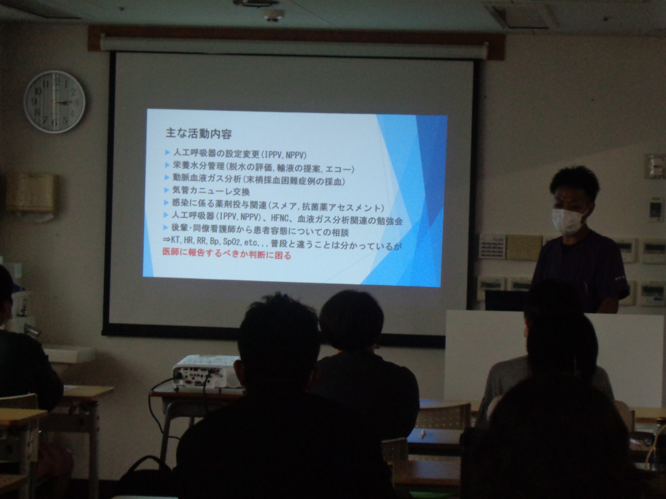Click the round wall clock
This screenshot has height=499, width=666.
point(54,102)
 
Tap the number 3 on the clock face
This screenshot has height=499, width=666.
point(76,103)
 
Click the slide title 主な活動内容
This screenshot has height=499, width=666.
point(199,133)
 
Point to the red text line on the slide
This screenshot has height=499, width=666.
point(227,254)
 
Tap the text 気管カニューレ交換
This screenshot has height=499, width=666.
point(211,191)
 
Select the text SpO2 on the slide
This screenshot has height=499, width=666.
point(232,241)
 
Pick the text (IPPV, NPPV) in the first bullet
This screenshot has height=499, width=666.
point(284,155)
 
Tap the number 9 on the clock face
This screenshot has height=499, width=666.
point(34,101)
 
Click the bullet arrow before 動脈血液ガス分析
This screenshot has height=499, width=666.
point(167,177)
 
